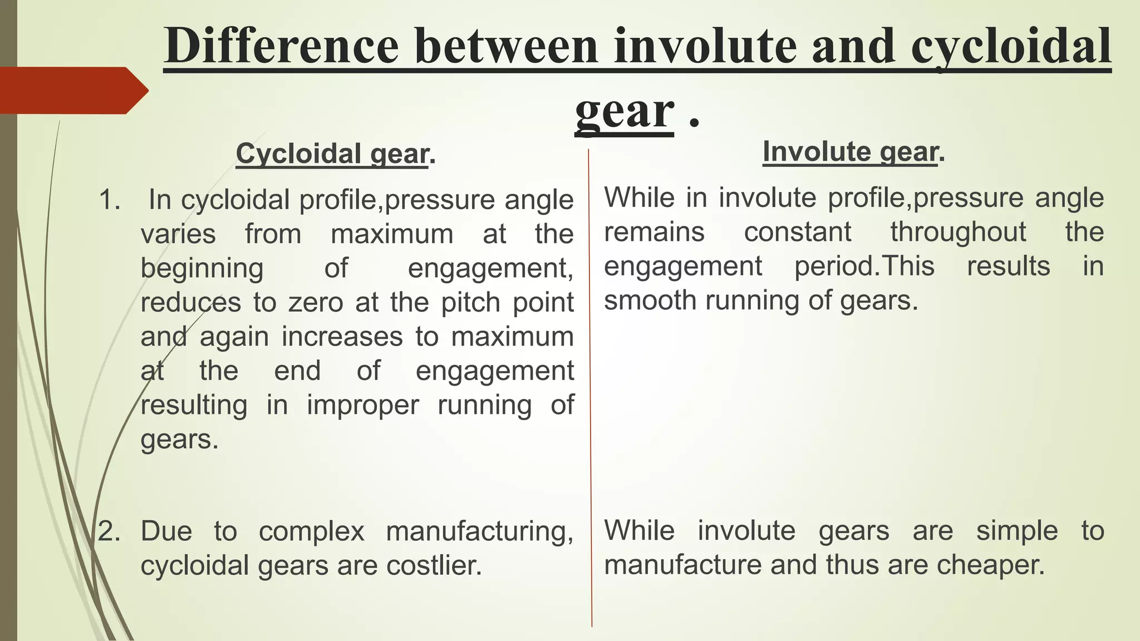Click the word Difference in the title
click(x=282, y=47)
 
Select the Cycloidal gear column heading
click(x=332, y=154)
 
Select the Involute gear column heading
click(x=850, y=151)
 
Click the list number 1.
click(x=109, y=200)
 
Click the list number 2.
click(x=109, y=531)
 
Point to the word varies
click(x=178, y=234)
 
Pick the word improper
click(x=362, y=405)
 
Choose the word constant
click(x=798, y=231)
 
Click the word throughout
click(x=958, y=231)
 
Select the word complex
click(x=312, y=531)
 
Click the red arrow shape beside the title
click(x=72, y=91)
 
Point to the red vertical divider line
click(x=590, y=389)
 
